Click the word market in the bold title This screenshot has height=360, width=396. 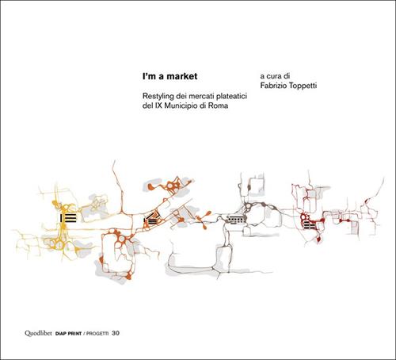click(x=182, y=76)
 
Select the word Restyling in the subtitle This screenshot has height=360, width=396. click(x=156, y=96)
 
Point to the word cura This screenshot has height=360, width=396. click(x=274, y=76)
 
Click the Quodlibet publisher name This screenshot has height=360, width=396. click(x=38, y=333)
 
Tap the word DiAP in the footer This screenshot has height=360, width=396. click(x=60, y=334)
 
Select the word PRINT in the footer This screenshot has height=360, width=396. click(x=74, y=334)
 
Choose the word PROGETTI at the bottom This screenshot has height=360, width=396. click(x=97, y=334)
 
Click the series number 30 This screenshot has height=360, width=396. click(x=116, y=333)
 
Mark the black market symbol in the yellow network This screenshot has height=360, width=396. click(x=68, y=217)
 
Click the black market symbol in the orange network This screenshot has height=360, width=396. click(x=151, y=219)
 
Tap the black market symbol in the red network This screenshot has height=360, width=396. click(x=310, y=225)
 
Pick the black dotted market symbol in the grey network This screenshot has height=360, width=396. click(x=236, y=219)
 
